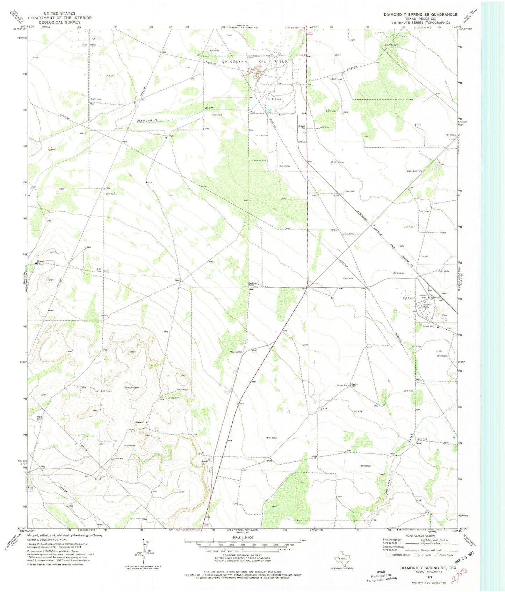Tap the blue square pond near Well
click(x=269, y=111)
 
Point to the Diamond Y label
click(x=147, y=120)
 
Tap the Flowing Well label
click(x=236, y=352)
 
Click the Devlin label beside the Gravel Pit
click(x=354, y=384)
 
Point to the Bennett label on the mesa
click(x=134, y=387)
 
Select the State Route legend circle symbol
click(x=438, y=555)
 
